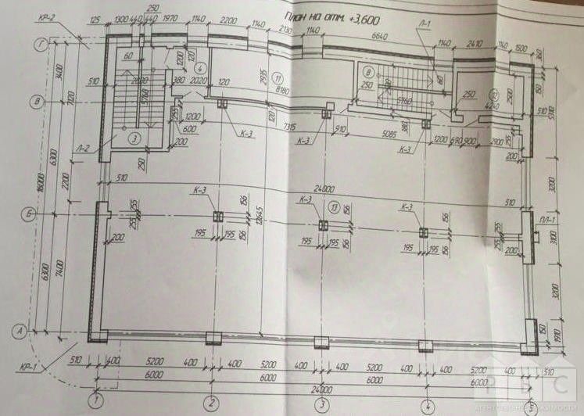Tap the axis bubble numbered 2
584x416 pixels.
pyautogui.click(x=210, y=403)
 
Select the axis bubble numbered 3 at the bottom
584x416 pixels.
pyautogui.click(x=321, y=405)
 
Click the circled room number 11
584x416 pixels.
pyautogui.click(x=283, y=78)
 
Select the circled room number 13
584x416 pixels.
pyautogui.click(x=334, y=207)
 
